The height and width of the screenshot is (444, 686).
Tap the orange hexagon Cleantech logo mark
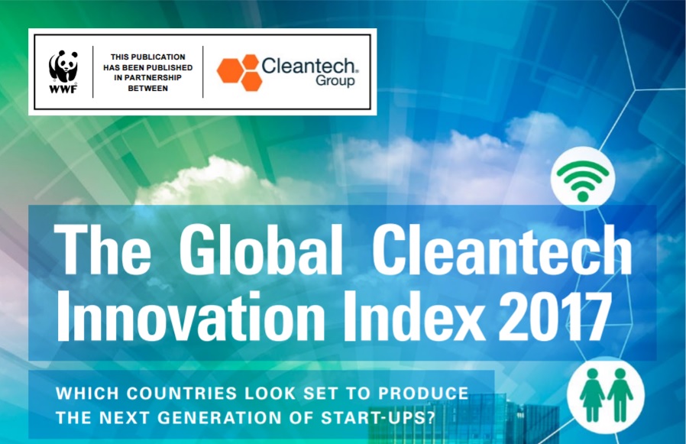click(x=239, y=73)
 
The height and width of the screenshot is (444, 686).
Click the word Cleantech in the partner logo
click(x=309, y=66)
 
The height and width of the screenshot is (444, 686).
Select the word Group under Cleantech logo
click(x=335, y=82)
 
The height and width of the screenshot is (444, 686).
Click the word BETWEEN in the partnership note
click(x=148, y=88)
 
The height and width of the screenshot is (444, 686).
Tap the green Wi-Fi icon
click(x=583, y=180)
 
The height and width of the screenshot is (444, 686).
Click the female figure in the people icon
click(x=592, y=394)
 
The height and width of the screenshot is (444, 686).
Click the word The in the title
click(x=102, y=250)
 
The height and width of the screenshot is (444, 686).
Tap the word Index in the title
click(x=414, y=316)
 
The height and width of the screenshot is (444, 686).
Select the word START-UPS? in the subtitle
click(x=378, y=417)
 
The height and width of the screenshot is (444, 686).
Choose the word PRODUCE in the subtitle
click(x=423, y=394)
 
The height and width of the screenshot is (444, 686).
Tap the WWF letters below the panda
click(x=63, y=89)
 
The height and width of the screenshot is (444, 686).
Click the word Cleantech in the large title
click(x=502, y=250)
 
